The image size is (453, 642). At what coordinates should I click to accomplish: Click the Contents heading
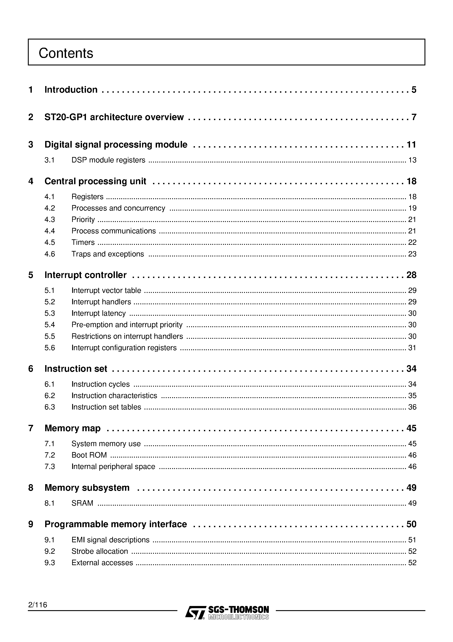point(66,53)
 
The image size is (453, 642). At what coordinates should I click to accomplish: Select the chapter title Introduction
point(71,90)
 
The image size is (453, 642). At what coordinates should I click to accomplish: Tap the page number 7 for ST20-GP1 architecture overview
point(414,117)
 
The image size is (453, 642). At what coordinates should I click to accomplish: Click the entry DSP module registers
point(108,160)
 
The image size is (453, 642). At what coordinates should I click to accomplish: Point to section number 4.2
point(50,208)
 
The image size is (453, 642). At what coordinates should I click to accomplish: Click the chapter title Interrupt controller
point(86,275)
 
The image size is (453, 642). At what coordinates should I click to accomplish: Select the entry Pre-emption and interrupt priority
point(127,325)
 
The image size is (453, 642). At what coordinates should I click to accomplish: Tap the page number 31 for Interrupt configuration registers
point(412,348)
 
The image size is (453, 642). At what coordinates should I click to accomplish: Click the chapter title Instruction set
point(76,369)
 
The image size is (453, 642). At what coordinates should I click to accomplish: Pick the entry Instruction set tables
point(106,407)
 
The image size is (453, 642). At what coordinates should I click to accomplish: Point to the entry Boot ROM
point(89,455)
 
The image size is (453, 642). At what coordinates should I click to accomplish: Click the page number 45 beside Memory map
point(411,428)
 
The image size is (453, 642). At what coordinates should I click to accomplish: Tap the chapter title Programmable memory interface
point(116,524)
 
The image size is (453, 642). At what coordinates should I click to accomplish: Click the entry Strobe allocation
point(100,551)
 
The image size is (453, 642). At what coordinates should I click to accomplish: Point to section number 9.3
point(50,563)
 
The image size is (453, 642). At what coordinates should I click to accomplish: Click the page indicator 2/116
point(38,605)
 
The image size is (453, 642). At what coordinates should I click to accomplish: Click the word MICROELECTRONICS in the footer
point(238,617)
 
